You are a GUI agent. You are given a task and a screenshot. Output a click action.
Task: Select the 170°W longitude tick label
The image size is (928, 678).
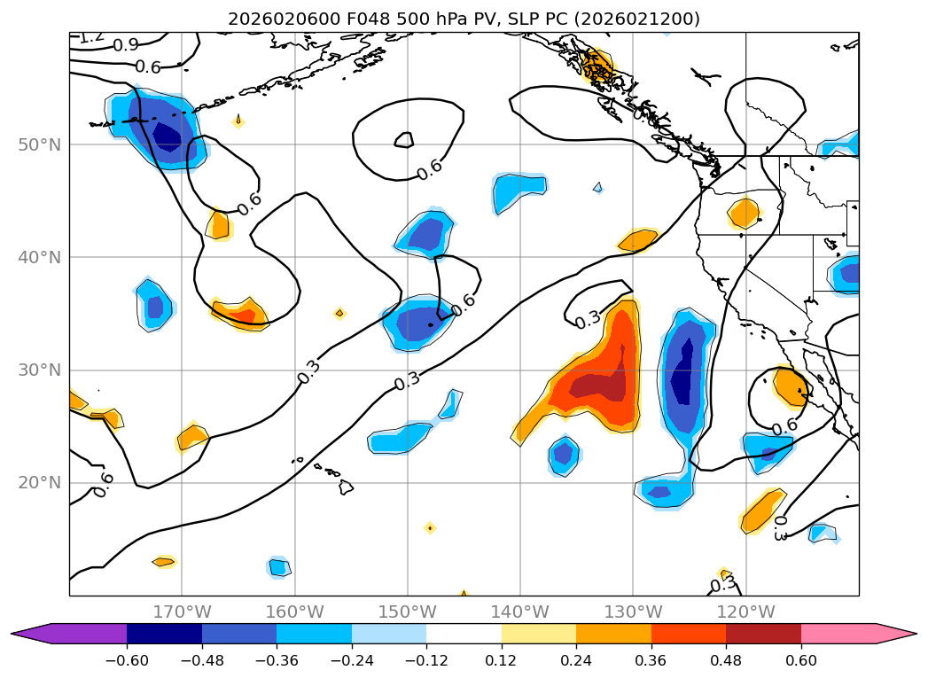tap(182, 612)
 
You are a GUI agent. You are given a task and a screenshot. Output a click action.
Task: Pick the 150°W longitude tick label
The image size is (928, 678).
tap(407, 612)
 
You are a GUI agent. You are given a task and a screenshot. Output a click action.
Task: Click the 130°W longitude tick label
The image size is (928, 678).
tap(633, 612)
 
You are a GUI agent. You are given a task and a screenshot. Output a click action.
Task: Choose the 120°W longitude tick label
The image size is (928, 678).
tap(745, 612)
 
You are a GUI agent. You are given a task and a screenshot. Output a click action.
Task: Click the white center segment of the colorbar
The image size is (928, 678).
tap(464, 633)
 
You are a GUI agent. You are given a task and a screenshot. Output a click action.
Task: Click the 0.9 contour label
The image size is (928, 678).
tap(125, 45)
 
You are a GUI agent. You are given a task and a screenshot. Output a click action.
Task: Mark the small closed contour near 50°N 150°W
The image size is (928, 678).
tap(404, 139)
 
